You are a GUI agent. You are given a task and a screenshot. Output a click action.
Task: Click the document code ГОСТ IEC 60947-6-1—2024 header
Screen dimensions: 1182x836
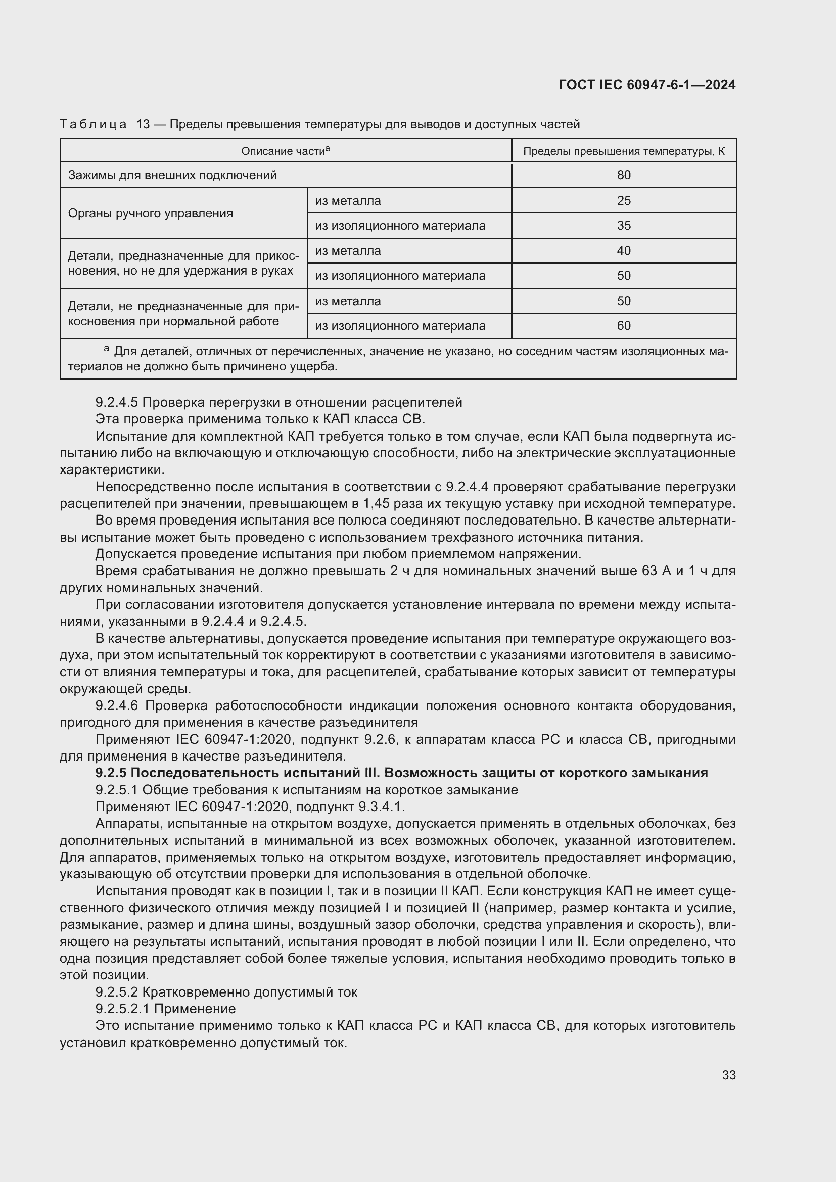(646, 85)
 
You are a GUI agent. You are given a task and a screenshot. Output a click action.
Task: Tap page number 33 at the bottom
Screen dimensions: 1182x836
(728, 1075)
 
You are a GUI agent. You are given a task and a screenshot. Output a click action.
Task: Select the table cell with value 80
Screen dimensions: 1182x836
(623, 175)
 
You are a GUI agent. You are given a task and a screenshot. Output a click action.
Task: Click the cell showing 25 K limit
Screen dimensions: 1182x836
(623, 201)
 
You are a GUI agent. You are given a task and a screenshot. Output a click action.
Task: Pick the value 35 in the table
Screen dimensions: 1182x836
(623, 226)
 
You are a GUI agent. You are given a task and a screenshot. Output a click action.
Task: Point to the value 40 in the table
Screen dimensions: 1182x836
(623, 251)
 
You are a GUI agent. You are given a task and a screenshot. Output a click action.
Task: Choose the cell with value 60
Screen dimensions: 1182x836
(623, 326)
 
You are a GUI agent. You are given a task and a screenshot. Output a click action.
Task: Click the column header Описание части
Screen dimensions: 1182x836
(285, 151)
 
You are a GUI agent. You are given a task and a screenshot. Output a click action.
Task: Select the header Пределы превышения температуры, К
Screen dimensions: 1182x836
(623, 151)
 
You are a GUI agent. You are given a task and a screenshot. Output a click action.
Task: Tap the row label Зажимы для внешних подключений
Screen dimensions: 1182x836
(172, 175)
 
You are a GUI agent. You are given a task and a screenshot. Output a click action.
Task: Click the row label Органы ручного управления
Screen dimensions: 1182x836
(150, 213)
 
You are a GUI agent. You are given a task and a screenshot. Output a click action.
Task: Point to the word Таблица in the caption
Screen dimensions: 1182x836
(93, 125)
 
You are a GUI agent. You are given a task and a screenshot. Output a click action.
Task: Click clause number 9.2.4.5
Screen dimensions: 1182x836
(117, 403)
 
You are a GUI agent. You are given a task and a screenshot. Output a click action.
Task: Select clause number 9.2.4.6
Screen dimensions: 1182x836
(117, 706)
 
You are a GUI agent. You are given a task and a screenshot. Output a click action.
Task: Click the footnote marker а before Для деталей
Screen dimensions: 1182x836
(107, 350)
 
